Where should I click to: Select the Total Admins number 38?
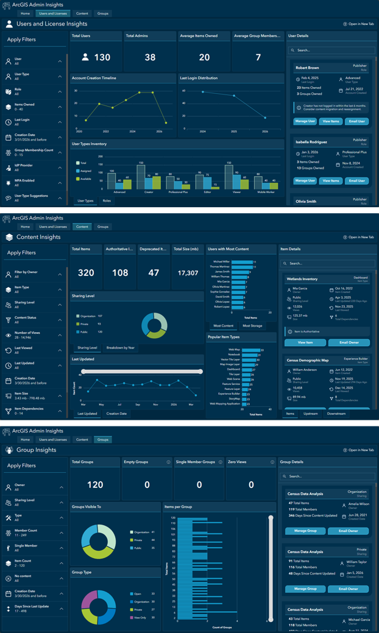click(x=150, y=57)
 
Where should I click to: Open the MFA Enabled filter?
click(x=34, y=182)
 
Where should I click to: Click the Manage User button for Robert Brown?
click(x=305, y=121)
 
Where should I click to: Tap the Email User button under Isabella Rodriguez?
click(x=356, y=181)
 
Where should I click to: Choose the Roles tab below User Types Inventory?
click(x=107, y=200)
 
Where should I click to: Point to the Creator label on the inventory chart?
click(x=149, y=192)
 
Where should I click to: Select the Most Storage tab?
click(x=252, y=326)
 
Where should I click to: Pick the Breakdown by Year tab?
click(x=121, y=347)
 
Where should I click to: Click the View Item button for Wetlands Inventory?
click(x=305, y=342)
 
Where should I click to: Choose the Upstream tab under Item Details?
click(x=310, y=414)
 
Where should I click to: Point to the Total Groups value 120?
click(x=94, y=485)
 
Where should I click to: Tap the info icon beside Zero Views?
click(x=272, y=462)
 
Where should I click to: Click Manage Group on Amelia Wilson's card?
click(x=305, y=531)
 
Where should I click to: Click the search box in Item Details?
click(x=329, y=263)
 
